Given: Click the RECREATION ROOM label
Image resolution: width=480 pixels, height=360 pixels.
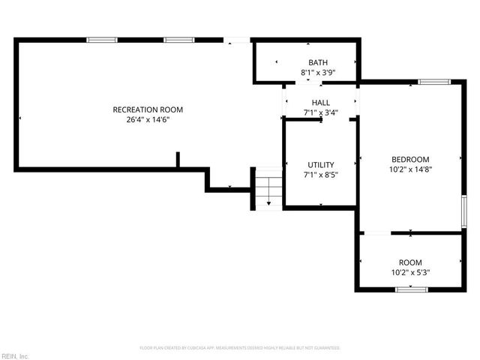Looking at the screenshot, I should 148,109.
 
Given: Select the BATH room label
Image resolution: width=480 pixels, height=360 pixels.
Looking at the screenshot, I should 318,62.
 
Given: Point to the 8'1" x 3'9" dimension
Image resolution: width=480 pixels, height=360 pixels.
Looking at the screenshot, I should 318,73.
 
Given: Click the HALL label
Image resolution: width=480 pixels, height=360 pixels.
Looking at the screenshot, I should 321,103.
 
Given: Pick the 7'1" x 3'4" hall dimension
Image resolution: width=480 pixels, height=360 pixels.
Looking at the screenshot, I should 321,113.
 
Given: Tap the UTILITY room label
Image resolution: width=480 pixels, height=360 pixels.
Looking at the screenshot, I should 321,165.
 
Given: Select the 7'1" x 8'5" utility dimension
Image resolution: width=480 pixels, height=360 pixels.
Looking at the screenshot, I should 321,175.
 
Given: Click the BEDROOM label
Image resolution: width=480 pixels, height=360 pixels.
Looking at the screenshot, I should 410,159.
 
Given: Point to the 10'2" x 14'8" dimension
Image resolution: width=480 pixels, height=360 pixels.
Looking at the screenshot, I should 410,169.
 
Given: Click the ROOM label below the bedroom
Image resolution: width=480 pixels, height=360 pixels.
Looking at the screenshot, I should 410,262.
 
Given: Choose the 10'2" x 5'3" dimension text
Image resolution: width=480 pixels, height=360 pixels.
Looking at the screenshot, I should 410,272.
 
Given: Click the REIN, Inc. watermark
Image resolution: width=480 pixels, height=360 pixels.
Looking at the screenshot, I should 15,355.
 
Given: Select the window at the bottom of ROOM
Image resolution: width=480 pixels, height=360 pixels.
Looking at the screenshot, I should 411,289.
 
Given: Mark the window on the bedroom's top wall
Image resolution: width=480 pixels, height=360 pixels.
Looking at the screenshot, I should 434,81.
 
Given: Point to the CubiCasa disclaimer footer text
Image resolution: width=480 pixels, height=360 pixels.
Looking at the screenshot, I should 240,348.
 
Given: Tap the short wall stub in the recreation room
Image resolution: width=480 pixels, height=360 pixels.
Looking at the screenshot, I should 178,160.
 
